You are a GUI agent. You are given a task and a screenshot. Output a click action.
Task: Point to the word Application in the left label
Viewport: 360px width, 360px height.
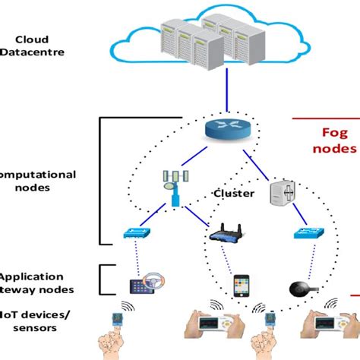click(35, 277)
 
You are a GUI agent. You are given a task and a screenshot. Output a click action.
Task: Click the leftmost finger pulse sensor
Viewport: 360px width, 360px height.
click(115, 328)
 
